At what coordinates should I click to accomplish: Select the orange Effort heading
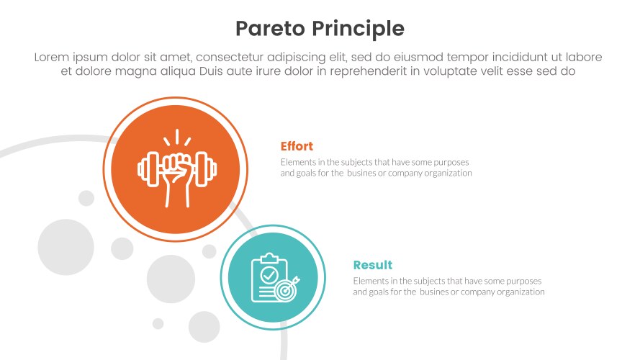[x=297, y=146]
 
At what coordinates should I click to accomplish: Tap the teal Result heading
[x=372, y=265]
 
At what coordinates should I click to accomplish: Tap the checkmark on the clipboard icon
[x=268, y=274]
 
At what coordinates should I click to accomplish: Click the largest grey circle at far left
[x=66, y=248]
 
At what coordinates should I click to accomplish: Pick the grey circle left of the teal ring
[x=171, y=279]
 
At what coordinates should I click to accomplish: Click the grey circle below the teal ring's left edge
[x=204, y=326]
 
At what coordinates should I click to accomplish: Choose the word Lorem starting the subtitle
[x=53, y=57]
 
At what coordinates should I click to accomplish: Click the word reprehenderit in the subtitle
[x=376, y=71]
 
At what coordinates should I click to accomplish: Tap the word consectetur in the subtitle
[x=235, y=57]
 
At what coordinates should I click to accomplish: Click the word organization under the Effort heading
[x=449, y=173]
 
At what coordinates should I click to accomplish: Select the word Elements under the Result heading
[x=369, y=281]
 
